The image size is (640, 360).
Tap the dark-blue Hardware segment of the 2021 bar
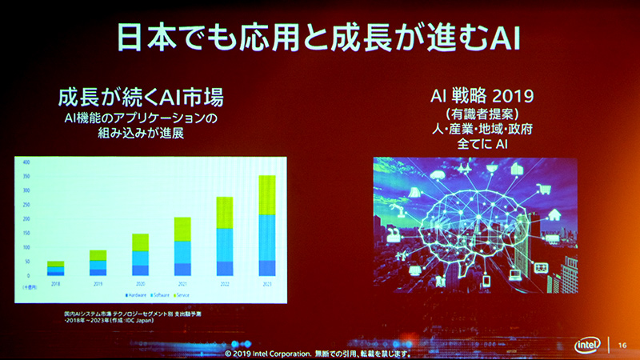click(x=182, y=269)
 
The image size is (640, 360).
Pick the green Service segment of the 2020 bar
click(x=140, y=242)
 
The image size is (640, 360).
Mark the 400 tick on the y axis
click(x=26, y=162)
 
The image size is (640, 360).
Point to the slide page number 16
click(x=623, y=344)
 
